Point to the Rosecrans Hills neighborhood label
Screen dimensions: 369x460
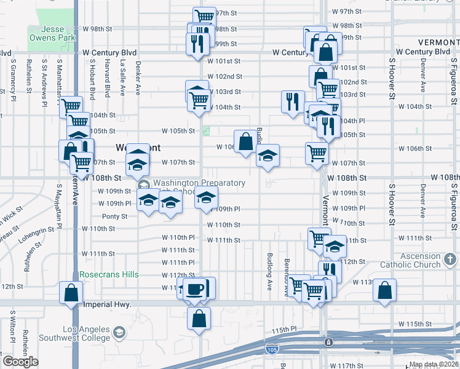click(109, 274)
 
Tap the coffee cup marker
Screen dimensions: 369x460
click(196, 288)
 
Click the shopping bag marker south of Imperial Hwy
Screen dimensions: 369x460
click(199, 319)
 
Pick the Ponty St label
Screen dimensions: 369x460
click(114, 216)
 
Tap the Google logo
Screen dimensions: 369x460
click(20, 362)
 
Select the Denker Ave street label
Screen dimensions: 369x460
click(138, 81)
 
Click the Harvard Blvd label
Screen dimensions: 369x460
click(107, 79)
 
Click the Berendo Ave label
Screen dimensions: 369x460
click(286, 271)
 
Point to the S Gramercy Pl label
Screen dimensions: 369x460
click(12, 77)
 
